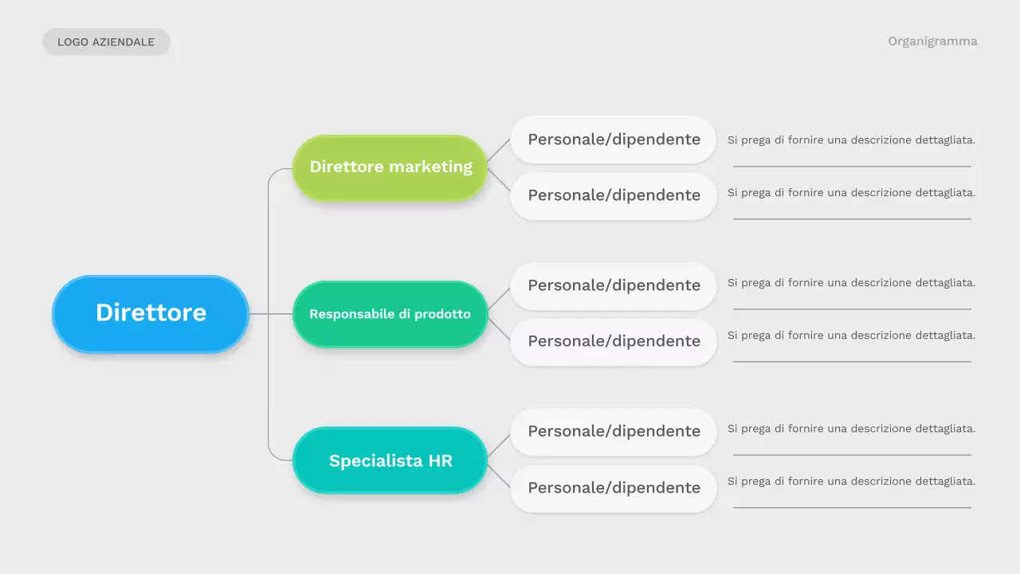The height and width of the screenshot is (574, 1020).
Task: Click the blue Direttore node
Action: (151, 313)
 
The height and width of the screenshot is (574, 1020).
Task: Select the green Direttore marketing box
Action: (390, 167)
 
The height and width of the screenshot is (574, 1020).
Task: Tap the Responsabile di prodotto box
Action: (390, 314)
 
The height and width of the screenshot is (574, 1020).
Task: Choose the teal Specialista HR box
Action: (390, 460)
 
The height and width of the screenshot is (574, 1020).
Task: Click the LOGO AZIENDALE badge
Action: (106, 42)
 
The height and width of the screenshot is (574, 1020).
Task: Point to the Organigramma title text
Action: (932, 41)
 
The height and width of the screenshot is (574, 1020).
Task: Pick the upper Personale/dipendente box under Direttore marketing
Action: (614, 140)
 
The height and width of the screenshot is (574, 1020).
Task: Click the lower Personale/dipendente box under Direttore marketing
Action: (614, 195)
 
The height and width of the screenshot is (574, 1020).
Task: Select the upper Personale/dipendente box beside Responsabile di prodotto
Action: (614, 285)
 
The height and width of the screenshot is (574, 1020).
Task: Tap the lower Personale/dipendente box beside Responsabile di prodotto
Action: (614, 341)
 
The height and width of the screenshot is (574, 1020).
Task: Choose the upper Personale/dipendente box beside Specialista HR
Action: (614, 431)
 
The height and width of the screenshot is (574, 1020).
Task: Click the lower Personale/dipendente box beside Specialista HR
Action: (614, 488)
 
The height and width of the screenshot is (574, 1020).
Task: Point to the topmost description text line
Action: (851, 140)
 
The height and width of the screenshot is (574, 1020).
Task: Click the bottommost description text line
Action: (851, 482)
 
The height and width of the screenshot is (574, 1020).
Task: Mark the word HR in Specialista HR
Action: (440, 461)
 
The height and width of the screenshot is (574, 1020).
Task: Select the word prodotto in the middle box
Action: (442, 314)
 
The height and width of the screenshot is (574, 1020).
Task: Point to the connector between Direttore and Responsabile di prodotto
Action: (271, 314)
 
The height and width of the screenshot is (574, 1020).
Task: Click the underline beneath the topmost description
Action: (851, 167)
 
